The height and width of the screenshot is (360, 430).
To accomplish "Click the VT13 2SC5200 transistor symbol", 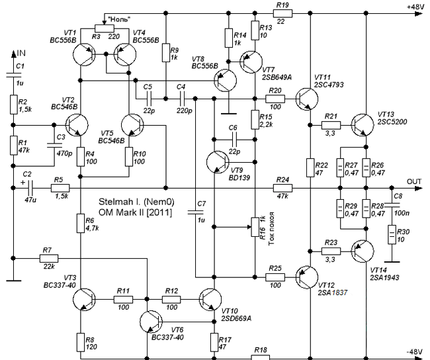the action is click(x=363, y=125).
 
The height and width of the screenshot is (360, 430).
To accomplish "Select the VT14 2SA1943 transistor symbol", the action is click(x=363, y=251).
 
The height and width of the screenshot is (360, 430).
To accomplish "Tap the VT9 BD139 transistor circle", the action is click(x=218, y=162).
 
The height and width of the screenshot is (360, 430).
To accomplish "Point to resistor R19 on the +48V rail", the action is click(x=282, y=13).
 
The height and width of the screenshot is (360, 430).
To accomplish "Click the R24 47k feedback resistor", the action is click(x=282, y=188).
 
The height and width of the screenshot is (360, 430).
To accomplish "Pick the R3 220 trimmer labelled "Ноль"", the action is click(x=105, y=28).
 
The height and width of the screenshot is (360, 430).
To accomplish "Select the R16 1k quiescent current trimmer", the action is click(x=255, y=227).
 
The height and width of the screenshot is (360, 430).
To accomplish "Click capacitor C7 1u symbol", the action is click(x=195, y=212).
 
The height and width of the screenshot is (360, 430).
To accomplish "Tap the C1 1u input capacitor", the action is click(x=13, y=75).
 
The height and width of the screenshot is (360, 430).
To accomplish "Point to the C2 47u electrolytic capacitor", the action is click(x=30, y=188).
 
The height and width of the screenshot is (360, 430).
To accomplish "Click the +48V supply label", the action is click(x=415, y=7).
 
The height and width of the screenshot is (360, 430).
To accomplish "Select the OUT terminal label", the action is click(x=414, y=181).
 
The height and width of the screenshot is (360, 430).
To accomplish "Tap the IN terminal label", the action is click(x=21, y=53).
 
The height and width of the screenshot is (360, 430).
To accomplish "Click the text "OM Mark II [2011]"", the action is click(x=136, y=212).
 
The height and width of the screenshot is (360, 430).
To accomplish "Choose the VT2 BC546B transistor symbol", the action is click(x=77, y=125).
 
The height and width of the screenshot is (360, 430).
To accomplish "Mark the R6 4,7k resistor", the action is click(x=80, y=224).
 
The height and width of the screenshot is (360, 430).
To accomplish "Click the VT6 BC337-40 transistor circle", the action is click(x=151, y=322).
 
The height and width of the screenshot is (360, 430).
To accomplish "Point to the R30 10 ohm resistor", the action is click(x=392, y=234).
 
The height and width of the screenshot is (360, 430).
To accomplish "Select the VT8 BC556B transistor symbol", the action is click(x=225, y=80).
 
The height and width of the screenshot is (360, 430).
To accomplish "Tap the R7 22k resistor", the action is click(x=49, y=259).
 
